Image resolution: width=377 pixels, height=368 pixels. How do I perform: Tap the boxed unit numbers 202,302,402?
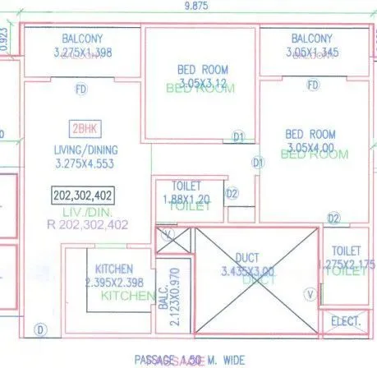83,195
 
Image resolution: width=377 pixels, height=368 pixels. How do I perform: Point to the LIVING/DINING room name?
85,149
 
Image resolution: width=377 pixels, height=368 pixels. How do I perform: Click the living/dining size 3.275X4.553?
86,163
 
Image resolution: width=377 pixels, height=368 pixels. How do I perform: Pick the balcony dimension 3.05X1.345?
311,52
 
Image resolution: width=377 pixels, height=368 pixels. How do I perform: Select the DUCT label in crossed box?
247,257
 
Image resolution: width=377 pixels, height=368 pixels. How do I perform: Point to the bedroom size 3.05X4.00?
310,148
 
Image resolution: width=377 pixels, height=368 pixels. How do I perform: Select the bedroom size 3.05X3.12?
203,83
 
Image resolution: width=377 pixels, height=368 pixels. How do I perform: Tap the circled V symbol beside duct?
310,292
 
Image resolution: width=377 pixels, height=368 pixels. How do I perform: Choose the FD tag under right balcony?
312,85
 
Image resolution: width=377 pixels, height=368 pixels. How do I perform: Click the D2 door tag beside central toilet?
232,194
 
